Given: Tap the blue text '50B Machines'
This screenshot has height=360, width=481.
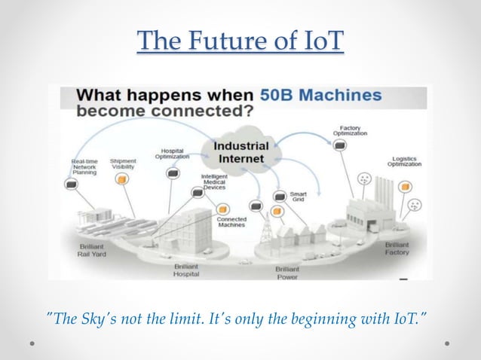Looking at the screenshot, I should (320, 96).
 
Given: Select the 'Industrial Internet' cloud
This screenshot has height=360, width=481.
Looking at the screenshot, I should (240, 151).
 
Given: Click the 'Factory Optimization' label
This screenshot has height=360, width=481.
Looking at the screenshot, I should (353, 130).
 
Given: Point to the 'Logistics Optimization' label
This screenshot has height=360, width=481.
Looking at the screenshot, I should (404, 162).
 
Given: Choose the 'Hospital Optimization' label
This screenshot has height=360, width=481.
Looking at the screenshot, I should (172, 153).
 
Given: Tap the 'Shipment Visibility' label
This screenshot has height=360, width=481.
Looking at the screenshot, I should (123, 164).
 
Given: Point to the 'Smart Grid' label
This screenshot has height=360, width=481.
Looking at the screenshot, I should (299, 197).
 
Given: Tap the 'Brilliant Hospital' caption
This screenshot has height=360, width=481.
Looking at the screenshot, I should (187, 270).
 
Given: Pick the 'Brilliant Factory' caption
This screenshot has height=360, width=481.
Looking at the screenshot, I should (397, 249).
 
